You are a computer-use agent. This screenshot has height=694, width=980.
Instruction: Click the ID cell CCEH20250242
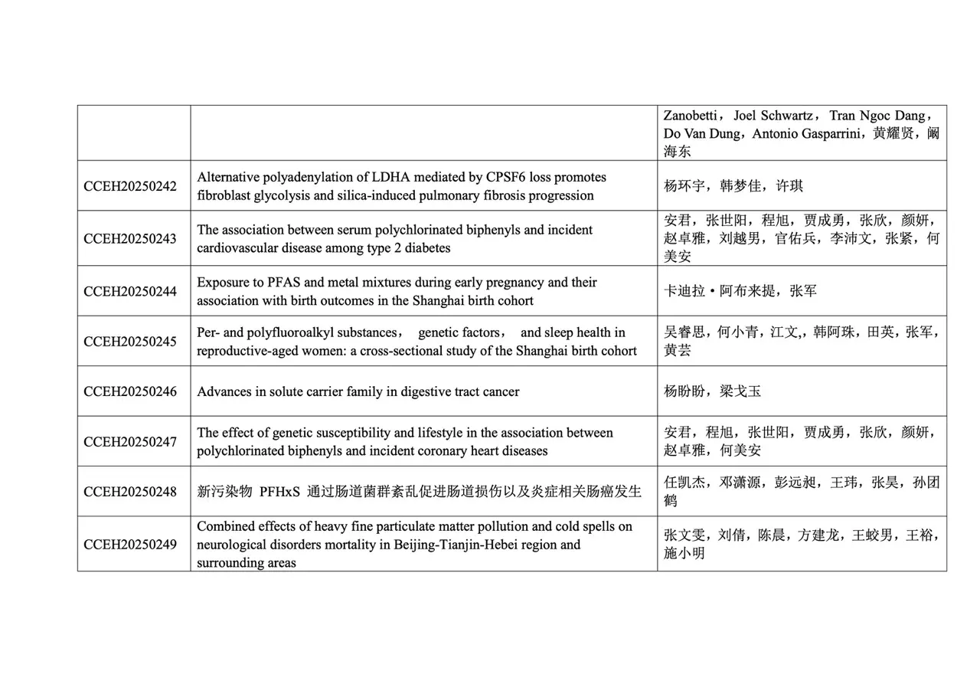coord(130,186)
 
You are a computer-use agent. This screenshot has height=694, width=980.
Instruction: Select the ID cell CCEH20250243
coord(130,238)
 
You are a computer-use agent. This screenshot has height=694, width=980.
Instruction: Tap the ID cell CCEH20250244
coord(130,291)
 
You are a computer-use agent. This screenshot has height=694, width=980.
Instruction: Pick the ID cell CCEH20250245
coord(130,342)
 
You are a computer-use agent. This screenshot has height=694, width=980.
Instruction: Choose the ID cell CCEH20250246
coord(130,391)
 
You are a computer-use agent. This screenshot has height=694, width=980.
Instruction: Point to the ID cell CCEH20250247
coord(130,442)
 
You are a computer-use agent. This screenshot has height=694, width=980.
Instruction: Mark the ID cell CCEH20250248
coord(130,492)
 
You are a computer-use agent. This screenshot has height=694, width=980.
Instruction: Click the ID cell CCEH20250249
coord(130,544)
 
